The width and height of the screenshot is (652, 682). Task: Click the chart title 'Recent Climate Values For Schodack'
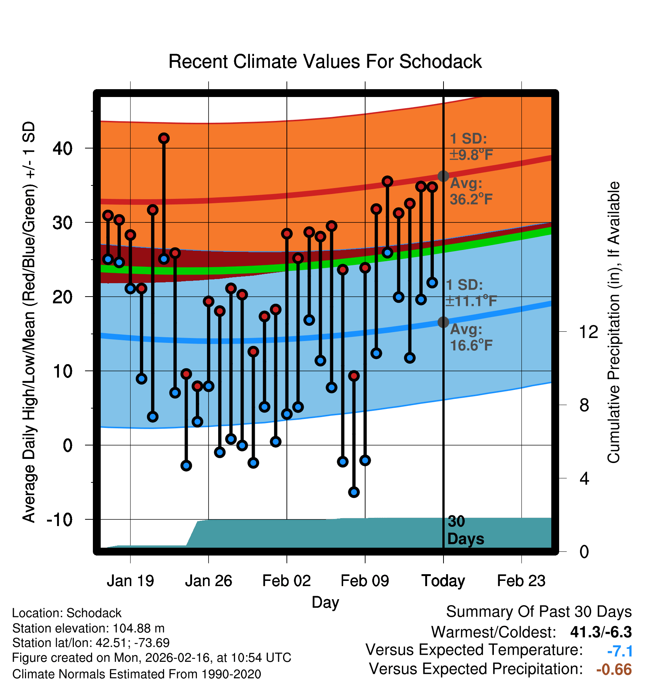[x=325, y=62]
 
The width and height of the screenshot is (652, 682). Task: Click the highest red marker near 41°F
[x=164, y=138]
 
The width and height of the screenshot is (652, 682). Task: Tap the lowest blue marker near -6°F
[x=354, y=492]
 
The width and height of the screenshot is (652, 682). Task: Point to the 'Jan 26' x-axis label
[x=209, y=581]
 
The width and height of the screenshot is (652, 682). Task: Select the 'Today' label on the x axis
[x=443, y=581]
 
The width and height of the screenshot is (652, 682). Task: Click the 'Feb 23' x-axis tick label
[x=521, y=581]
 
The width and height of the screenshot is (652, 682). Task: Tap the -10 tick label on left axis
[x=59, y=519]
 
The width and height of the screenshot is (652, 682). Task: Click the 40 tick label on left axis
[x=62, y=148]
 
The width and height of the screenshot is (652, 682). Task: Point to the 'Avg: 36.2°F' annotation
[x=471, y=191]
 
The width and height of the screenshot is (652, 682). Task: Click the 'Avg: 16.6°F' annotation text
[x=471, y=338]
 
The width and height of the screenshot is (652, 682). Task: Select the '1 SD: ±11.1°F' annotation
[x=471, y=293]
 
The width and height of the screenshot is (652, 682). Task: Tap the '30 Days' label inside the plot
[x=465, y=530]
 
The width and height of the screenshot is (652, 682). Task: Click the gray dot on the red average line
[x=443, y=176]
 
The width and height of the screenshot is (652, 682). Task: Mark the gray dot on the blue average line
[x=443, y=322]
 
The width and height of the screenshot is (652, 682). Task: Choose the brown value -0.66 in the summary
[x=614, y=669]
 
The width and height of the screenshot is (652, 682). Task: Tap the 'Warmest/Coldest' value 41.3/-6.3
[x=601, y=632]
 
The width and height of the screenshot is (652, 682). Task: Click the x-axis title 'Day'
[x=325, y=602]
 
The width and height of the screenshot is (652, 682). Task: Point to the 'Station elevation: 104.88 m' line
[x=88, y=628]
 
